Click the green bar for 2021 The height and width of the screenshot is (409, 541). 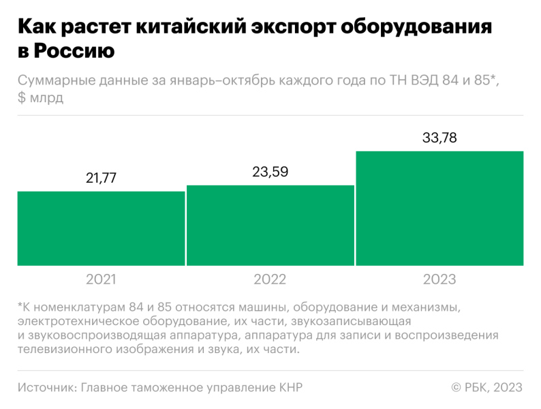101,228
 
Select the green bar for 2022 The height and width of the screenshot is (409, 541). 270,226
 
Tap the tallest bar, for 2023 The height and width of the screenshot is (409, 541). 439,208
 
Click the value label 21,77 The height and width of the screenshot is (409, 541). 101,179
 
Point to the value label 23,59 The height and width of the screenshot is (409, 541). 270,172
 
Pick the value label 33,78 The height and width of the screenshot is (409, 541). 439,138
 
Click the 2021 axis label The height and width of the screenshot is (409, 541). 101,279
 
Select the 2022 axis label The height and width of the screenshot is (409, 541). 270,279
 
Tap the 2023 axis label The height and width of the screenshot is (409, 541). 439,279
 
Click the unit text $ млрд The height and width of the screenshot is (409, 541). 41,97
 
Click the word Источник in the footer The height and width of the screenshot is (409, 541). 46,387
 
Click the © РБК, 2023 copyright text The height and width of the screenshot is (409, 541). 486,387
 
